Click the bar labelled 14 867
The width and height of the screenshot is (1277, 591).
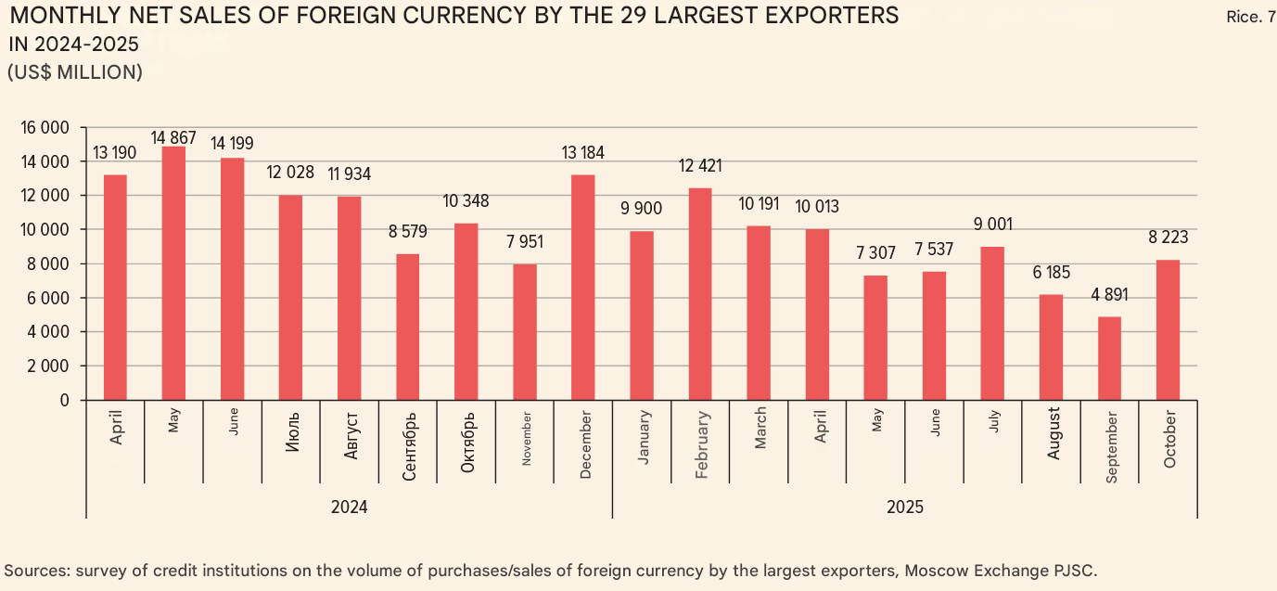(173, 273)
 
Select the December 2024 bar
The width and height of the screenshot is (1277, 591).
(583, 287)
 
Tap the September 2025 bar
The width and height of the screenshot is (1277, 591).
(1109, 358)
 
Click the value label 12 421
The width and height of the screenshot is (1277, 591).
(700, 167)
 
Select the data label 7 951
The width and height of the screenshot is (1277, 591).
(525, 243)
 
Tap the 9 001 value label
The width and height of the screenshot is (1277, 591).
(992, 225)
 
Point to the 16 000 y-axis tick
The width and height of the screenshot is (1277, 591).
(45, 127)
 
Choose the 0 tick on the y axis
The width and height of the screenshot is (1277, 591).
(65, 400)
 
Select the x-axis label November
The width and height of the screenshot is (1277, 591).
(526, 442)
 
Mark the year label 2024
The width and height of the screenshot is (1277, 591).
(349, 507)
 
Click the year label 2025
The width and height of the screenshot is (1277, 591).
(904, 507)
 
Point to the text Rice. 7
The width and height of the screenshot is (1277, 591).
(1250, 18)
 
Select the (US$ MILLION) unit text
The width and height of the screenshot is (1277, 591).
(75, 72)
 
